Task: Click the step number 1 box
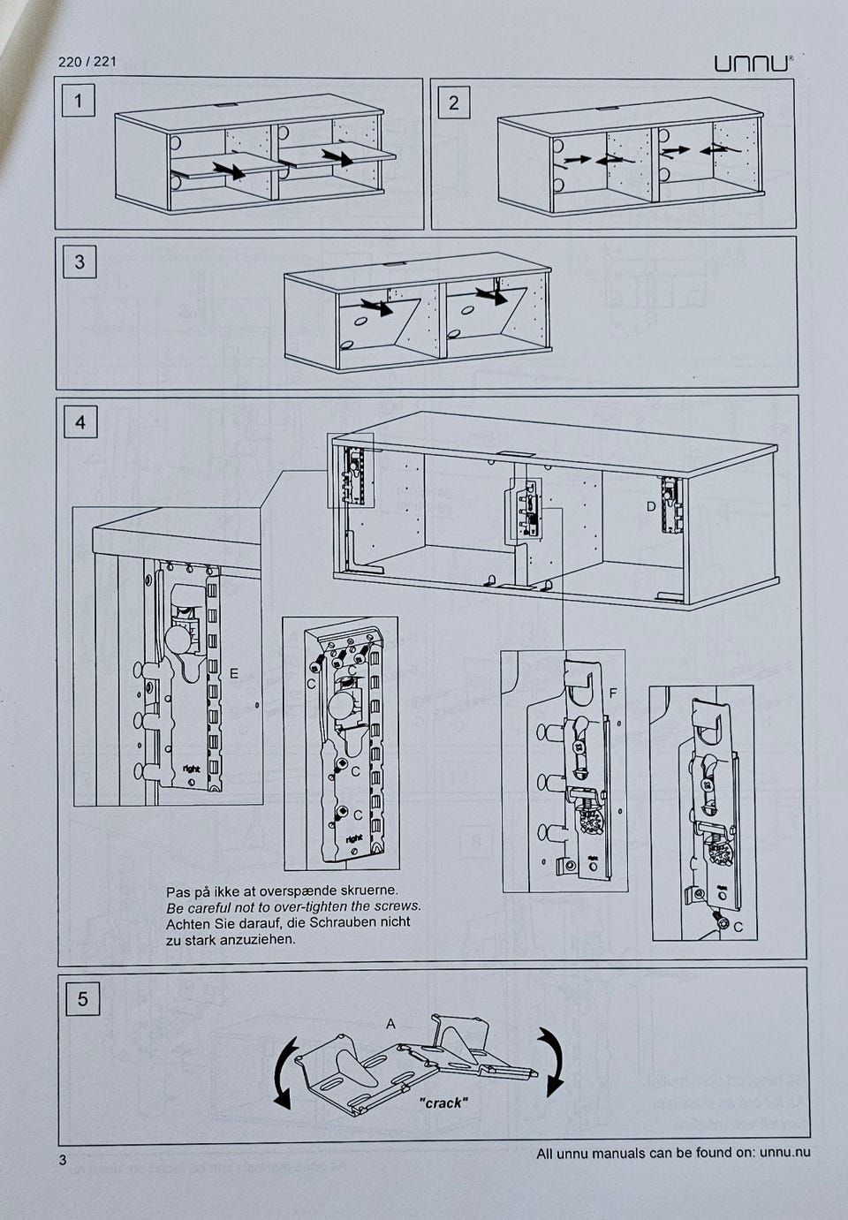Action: tap(79, 102)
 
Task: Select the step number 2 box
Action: tap(453, 102)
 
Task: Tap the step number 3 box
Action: tap(80, 261)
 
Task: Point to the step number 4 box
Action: tap(80, 422)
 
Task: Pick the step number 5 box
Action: tap(83, 999)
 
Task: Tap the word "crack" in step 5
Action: tap(443, 1103)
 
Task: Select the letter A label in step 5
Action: tap(390, 1024)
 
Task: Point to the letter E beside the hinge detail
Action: tap(233, 673)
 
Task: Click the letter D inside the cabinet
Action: tap(651, 506)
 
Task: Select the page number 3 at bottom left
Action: tap(63, 1160)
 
